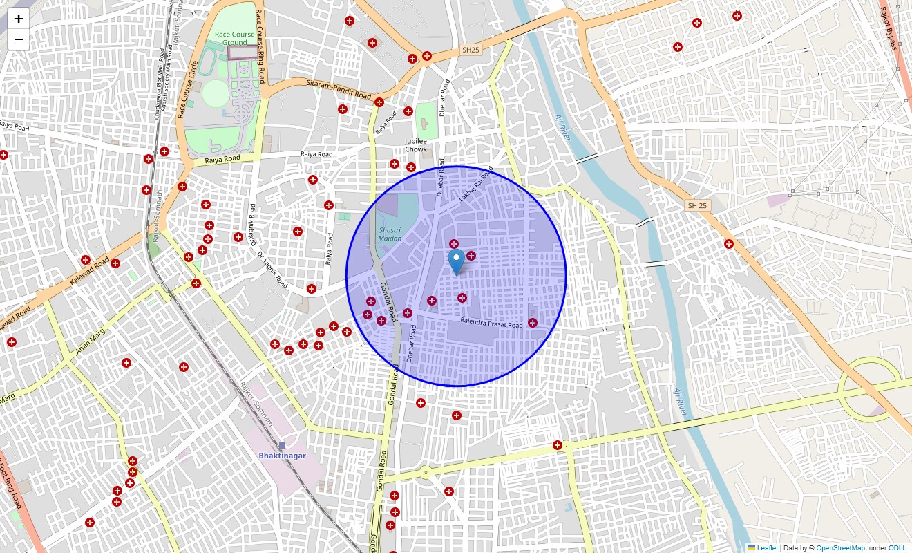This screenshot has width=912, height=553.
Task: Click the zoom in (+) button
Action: coord(19,19)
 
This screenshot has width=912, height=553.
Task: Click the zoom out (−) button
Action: coord(19,39)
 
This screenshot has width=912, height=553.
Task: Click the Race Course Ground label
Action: coord(234,38)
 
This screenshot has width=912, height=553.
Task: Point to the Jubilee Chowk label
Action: coord(416,145)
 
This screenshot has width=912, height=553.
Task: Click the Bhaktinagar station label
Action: coord(282,456)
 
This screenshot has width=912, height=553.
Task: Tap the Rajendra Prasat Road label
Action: coord(491,324)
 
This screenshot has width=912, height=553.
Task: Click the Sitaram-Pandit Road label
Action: coord(339,88)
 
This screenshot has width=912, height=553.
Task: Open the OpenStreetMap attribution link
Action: coord(840,547)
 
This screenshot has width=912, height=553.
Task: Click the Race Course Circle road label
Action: coord(187,89)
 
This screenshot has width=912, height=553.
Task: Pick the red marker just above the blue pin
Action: coord(454,244)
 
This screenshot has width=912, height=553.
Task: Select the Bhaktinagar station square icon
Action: coord(282,445)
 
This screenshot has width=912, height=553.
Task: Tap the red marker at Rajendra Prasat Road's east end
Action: coord(533,323)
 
